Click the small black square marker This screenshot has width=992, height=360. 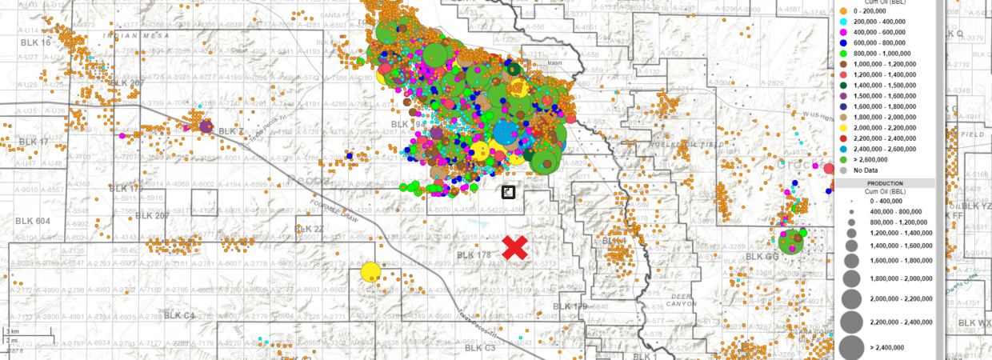(508, 191)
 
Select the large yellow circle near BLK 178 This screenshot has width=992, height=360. (370, 272)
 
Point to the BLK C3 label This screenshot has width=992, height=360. (480, 348)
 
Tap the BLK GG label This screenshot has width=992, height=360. (761, 256)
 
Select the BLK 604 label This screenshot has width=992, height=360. (33, 221)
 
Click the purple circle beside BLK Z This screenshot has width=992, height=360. (206, 126)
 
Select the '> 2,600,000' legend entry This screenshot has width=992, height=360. (873, 160)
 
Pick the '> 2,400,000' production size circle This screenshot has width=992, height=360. (851, 347)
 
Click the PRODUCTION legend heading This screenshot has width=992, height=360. (883, 183)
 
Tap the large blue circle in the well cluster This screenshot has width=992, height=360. (507, 133)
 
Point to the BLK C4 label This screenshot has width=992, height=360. (180, 316)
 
